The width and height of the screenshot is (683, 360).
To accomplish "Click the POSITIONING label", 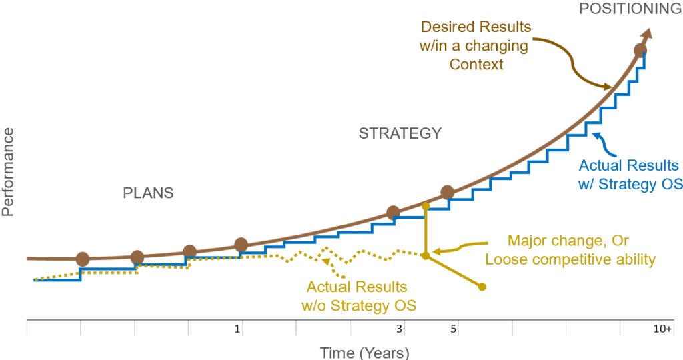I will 630,9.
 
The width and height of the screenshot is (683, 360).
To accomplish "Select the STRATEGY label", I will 400,133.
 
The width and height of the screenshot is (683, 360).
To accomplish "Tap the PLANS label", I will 148,193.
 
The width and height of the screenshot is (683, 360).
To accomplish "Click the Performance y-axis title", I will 8,171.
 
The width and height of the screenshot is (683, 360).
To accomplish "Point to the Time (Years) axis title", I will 364,353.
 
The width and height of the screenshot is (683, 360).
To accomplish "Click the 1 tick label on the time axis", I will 237,329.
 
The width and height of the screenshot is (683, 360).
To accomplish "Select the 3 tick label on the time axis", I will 399,329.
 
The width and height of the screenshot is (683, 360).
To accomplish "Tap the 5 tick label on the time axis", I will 453,329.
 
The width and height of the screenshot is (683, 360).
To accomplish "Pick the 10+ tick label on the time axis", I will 662,329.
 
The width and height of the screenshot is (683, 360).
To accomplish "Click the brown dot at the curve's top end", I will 640,50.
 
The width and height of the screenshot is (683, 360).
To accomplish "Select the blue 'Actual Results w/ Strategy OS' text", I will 628,175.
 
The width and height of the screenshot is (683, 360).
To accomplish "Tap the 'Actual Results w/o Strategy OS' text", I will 358,297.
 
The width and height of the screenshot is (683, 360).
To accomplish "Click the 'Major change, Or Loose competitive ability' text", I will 570,250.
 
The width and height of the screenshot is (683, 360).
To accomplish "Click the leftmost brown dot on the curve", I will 83,259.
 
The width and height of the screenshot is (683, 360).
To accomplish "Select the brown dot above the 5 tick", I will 448,193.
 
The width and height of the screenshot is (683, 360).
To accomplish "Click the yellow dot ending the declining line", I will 482,287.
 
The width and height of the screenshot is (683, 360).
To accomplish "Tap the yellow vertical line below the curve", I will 426,230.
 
